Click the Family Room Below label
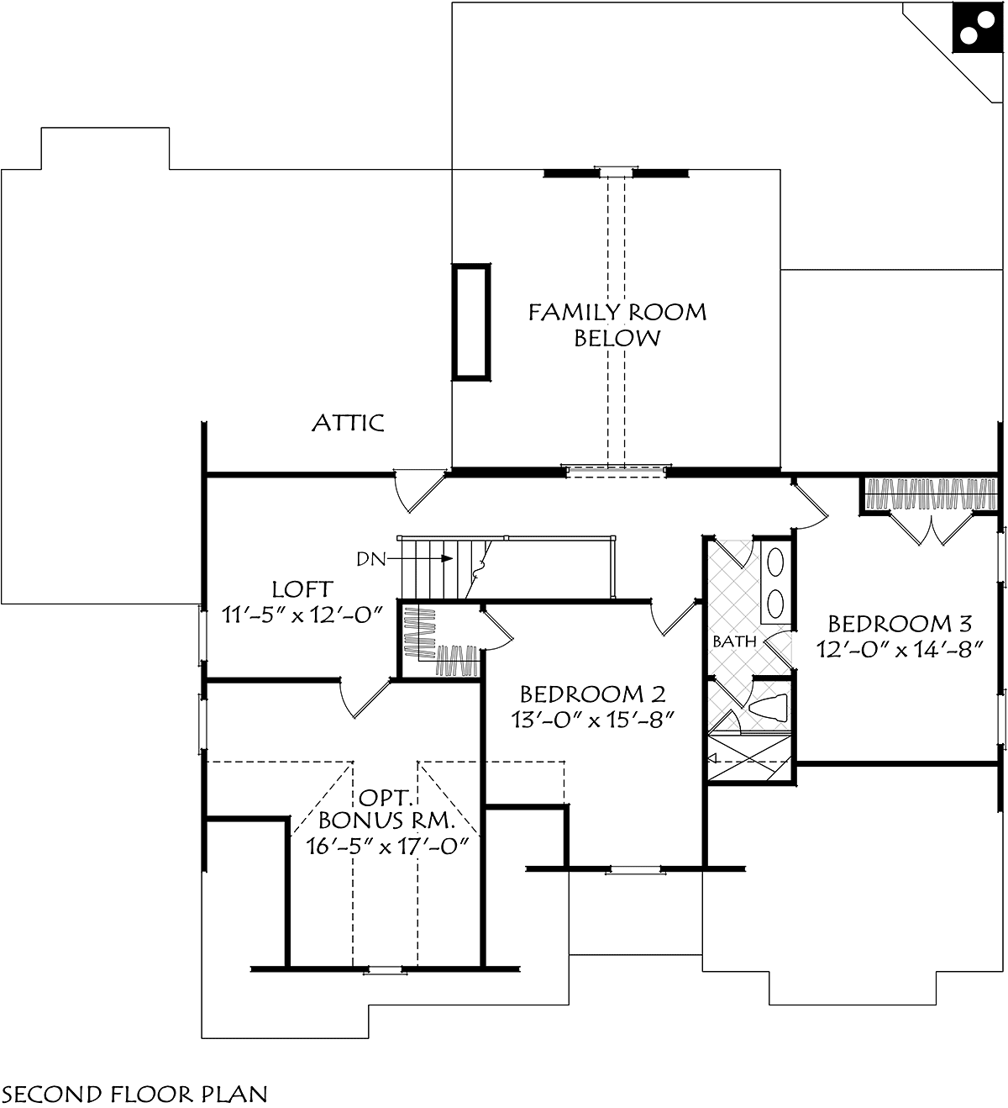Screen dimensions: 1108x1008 617,325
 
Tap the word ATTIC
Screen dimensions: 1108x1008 348,423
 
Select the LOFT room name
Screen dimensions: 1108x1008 302,589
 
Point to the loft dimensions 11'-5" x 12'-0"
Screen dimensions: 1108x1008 302,615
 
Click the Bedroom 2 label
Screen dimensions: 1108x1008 592,694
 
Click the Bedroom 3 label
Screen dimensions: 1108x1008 900,624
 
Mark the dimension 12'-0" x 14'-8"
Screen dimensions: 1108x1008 900,649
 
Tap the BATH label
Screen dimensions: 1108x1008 734,641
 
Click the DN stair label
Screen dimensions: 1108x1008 370,558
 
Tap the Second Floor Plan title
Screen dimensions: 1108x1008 135,1094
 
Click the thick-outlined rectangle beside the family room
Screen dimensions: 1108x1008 471,321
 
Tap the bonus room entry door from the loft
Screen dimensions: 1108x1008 363,696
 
